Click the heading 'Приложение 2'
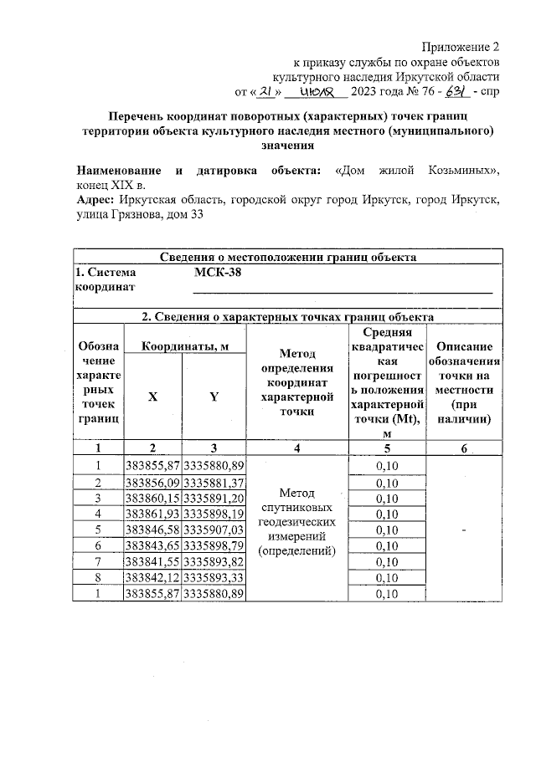462,46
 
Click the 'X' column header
152,397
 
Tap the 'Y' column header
214,397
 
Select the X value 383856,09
152,483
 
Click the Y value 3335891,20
214,498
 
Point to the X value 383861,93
152,514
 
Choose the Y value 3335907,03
214,529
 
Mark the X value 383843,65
152,545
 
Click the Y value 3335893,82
214,561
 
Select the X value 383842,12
152,577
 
